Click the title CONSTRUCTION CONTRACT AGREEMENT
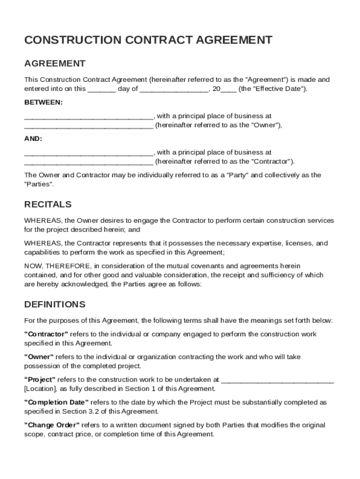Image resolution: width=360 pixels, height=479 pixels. (148, 40)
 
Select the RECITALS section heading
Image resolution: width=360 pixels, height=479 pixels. (48, 204)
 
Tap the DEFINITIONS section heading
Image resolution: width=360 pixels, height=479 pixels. (55, 305)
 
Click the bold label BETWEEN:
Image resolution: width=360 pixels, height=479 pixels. (43, 102)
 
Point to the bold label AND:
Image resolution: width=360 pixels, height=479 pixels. (33, 139)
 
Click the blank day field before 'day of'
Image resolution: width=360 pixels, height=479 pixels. (101, 89)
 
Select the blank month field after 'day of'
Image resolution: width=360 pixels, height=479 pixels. (173, 89)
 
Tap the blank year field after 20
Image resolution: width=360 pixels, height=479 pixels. (229, 89)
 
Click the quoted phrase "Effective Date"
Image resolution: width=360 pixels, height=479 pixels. (279, 89)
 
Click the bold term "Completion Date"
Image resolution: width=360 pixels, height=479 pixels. (56, 402)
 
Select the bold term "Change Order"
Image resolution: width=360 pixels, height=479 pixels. (51, 425)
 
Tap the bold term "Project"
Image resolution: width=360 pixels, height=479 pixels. (40, 379)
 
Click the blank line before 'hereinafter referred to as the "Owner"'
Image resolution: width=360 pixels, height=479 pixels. (88, 126)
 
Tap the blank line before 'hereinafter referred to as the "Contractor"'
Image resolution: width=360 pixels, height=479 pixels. (88, 162)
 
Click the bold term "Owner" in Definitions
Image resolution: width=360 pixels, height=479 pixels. (39, 357)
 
